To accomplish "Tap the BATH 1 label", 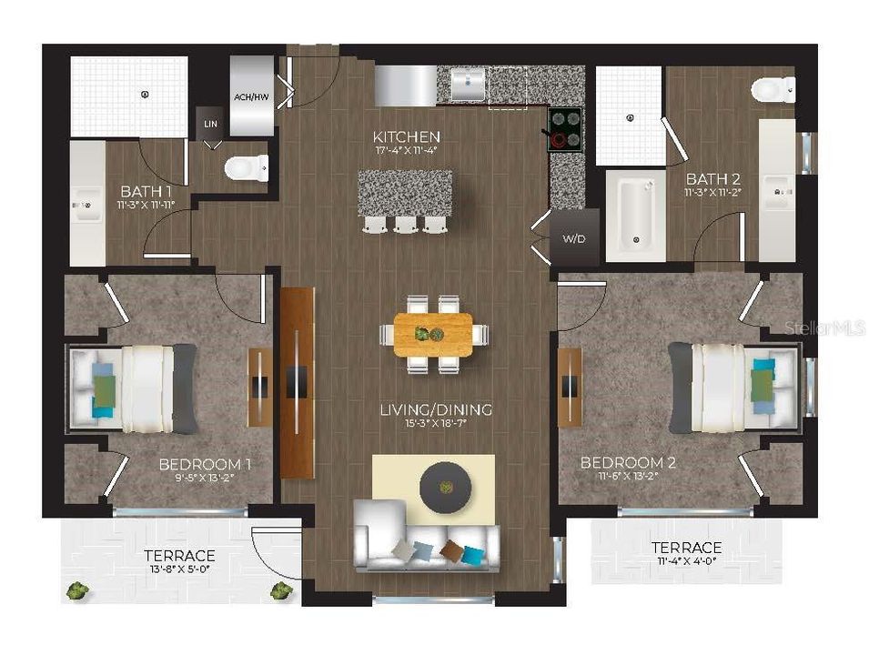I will click(146, 192).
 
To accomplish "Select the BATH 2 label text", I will click(711, 178).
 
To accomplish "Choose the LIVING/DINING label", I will click(436, 410).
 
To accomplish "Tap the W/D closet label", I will click(573, 240).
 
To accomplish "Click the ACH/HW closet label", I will click(251, 97).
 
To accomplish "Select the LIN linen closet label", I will click(211, 123).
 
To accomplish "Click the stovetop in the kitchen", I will click(564, 129).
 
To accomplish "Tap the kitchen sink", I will click(467, 86).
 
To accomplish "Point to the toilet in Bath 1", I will click(248, 167).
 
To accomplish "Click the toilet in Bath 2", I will click(773, 89).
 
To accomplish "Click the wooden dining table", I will click(433, 334).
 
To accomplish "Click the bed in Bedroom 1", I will click(134, 388).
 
